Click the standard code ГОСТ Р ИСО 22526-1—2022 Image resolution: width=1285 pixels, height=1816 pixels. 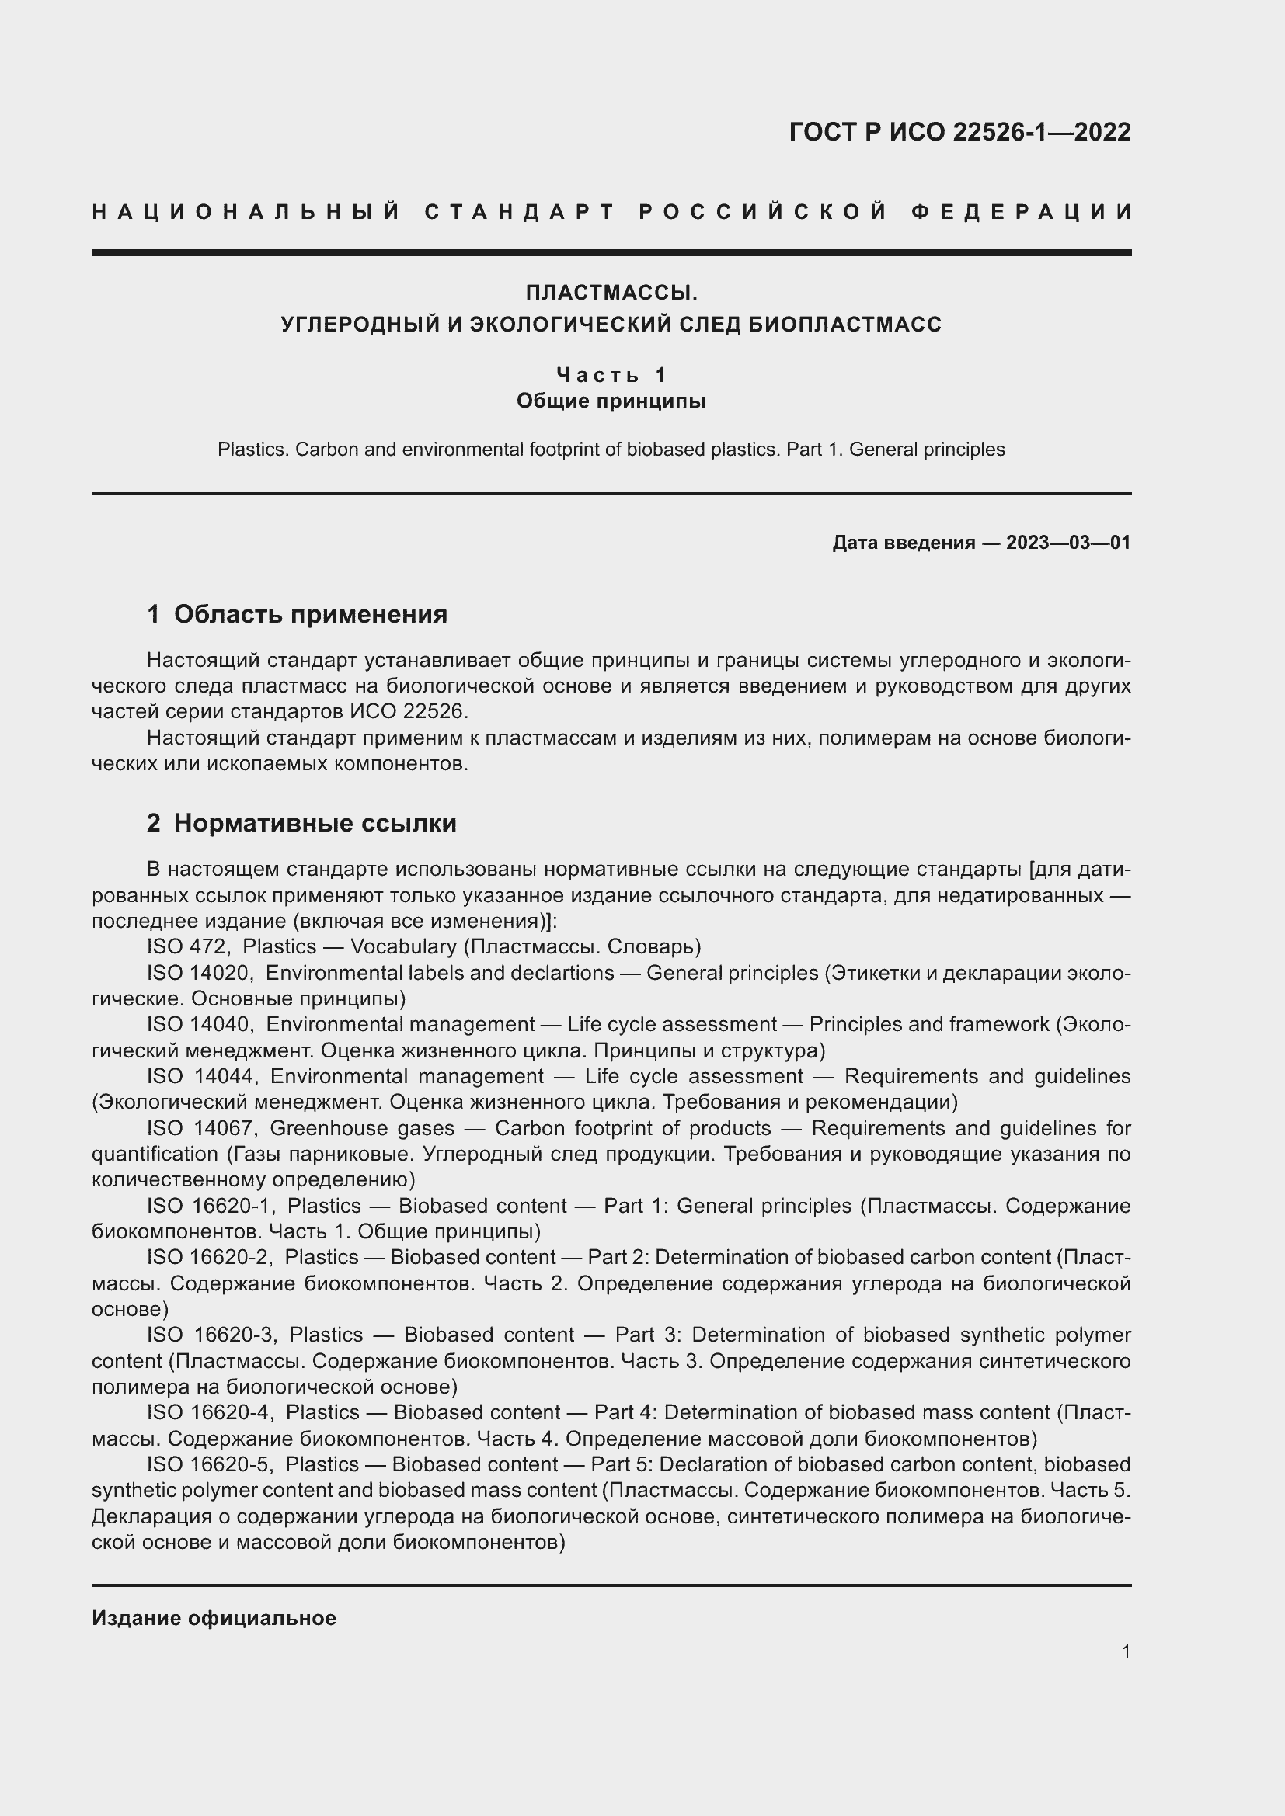959,132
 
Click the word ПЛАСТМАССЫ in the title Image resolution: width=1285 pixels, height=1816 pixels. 611,293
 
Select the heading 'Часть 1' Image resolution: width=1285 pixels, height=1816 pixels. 611,374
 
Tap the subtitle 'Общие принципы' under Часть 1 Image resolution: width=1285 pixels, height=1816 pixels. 611,401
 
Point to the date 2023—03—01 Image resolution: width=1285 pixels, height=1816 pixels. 1068,543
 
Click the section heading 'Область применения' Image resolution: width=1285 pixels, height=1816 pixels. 310,614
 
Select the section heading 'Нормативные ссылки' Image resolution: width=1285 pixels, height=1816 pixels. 315,823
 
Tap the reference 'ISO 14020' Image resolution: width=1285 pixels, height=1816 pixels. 199,973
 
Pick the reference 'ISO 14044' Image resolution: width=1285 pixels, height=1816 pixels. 200,1076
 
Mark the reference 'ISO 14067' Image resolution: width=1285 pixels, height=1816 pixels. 200,1128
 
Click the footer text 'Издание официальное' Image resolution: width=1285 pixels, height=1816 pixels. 214,1618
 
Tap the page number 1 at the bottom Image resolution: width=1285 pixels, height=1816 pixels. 1125,1652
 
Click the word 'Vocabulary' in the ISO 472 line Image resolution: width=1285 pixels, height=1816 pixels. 403,946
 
